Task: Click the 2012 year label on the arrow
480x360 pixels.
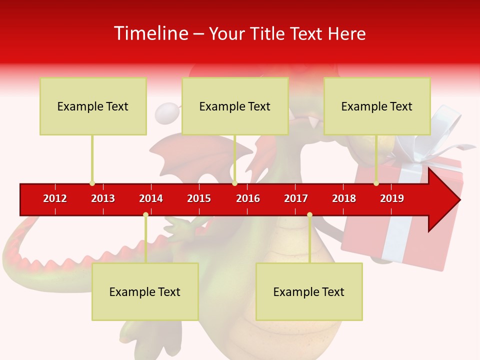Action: (x=55, y=198)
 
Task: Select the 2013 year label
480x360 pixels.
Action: (x=103, y=198)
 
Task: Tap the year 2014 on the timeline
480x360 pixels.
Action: (x=151, y=198)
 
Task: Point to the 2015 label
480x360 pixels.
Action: (x=199, y=198)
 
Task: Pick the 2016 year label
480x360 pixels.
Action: (x=248, y=198)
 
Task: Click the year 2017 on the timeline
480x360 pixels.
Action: (x=296, y=198)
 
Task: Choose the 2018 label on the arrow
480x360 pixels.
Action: (x=344, y=198)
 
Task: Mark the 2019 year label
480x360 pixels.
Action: (x=392, y=198)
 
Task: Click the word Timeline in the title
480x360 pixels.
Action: (x=150, y=33)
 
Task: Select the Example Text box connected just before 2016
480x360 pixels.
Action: (x=235, y=106)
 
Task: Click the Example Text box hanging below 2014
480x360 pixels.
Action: (x=145, y=291)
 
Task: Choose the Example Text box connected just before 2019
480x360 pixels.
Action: (x=377, y=106)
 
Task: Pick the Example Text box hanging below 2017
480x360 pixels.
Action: (x=309, y=291)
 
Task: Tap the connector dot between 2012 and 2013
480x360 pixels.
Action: (x=92, y=183)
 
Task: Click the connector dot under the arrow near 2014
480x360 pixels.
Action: (x=145, y=214)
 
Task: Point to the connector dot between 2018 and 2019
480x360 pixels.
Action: (x=376, y=183)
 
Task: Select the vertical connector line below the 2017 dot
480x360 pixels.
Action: (x=309, y=240)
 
